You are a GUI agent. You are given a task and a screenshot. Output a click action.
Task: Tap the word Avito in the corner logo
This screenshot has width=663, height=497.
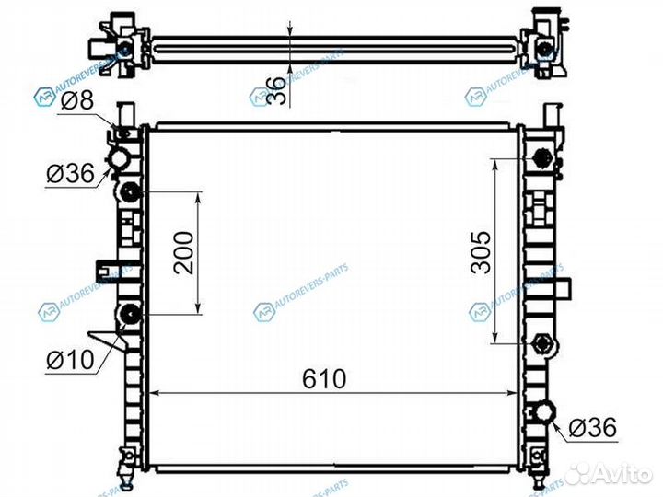(617, 474)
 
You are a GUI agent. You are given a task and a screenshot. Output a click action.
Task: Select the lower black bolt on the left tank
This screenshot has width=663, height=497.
(129, 316)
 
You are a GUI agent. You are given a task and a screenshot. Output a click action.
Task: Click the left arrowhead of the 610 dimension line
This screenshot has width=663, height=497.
(154, 393)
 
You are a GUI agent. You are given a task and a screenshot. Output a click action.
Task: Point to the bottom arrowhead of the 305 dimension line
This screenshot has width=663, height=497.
(496, 339)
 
